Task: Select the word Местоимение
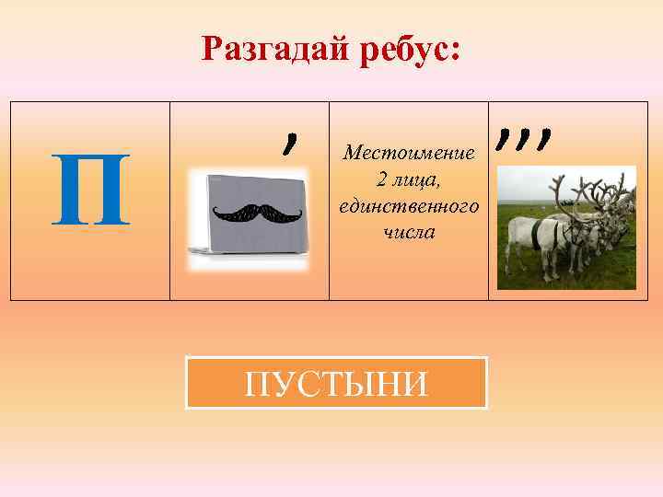pyautogui.click(x=408, y=152)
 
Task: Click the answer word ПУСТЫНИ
pyautogui.click(x=336, y=383)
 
